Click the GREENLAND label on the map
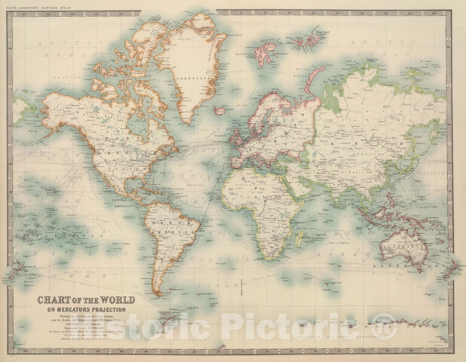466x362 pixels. tap(199, 78)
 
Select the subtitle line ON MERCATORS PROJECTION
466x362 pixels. tap(86, 309)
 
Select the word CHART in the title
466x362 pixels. tap(55, 300)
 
